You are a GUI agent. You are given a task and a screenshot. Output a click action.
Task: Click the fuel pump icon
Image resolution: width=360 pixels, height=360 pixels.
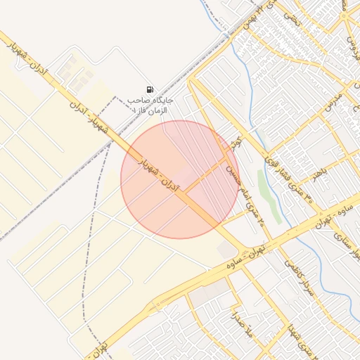point(150,89)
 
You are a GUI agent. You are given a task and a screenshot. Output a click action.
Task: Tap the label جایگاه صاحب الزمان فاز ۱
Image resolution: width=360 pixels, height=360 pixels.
point(150,105)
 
